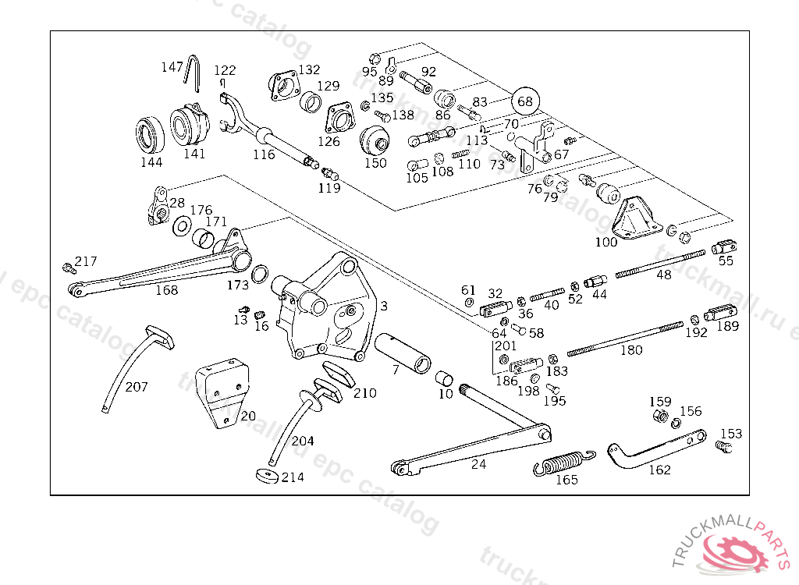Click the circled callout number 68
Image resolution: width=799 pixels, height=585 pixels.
(x=525, y=101)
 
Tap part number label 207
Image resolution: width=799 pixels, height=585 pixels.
(x=136, y=387)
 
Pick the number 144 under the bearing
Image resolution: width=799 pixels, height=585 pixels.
(x=151, y=162)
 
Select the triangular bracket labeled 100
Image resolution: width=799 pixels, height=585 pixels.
(x=637, y=218)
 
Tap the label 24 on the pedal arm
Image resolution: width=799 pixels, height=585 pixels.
(x=478, y=463)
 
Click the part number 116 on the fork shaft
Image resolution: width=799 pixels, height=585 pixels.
(x=264, y=154)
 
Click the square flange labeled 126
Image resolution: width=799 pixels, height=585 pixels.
(x=339, y=119)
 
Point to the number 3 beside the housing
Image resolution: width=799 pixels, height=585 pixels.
(x=384, y=306)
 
